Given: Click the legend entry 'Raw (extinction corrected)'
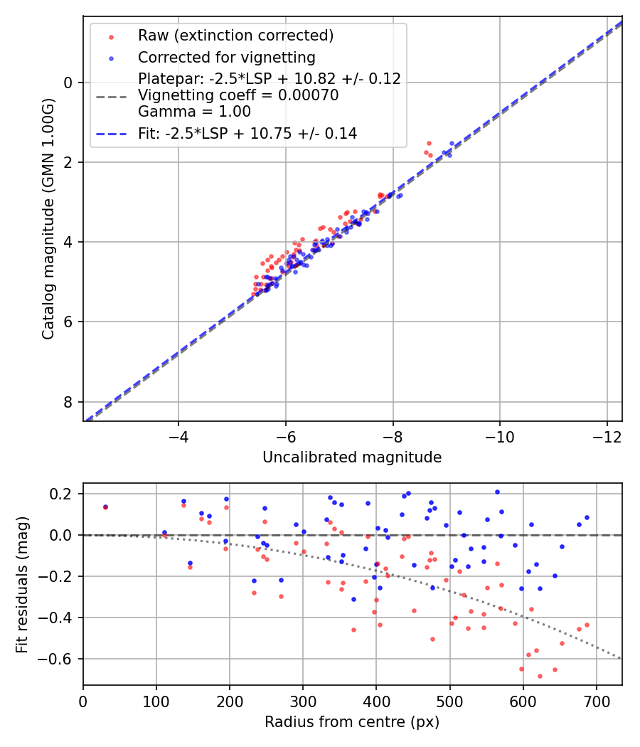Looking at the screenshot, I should pos(235,36).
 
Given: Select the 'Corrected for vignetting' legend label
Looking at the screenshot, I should pos(226,57).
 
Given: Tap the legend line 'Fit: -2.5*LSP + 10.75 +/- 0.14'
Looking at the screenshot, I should pos(247,133).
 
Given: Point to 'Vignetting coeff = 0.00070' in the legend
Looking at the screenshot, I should pos(238,95).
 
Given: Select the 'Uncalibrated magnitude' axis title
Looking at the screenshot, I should pos(352,457).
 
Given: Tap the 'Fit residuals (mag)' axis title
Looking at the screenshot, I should pos(22,584).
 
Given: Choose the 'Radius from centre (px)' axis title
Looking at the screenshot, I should pos(352,722).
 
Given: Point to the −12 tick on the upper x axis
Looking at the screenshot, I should pos(607,434).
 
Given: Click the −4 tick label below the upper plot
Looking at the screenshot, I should pos(178,434).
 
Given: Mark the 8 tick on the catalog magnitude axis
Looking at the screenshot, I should pos(69,402).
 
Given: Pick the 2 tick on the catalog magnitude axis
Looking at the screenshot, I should pos(69,162).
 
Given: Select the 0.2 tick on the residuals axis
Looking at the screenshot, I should pos(64,494).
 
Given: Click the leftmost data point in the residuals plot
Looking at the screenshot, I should pos(105,507).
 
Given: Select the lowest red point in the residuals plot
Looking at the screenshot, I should pos(540,676).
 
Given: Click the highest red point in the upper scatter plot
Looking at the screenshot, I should pos(429,143).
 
